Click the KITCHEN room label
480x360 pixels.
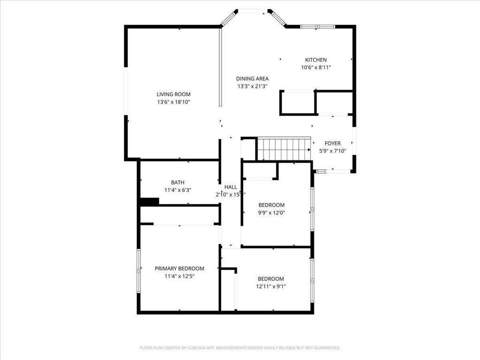(x=316, y=60)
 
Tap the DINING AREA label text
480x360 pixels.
(x=252, y=79)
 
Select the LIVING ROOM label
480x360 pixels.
(x=173, y=94)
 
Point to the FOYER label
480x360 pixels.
(x=333, y=143)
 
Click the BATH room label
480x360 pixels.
(x=178, y=183)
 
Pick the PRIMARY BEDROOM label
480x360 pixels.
(x=180, y=269)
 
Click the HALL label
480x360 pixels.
(x=231, y=187)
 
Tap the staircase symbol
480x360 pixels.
(x=284, y=149)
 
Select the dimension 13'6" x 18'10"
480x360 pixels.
(x=173, y=102)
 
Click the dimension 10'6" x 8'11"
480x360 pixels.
(x=316, y=67)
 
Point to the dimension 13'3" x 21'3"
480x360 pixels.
(x=252, y=86)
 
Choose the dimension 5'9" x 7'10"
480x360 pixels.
(x=333, y=151)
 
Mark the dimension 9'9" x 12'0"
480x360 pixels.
(x=272, y=212)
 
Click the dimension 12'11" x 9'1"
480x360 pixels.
(x=271, y=286)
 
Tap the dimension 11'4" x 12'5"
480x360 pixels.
(x=180, y=276)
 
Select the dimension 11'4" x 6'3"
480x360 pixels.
(x=178, y=190)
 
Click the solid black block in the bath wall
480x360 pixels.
(x=150, y=202)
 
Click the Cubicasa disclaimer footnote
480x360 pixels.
(x=240, y=348)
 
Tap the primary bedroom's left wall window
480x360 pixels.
(x=138, y=271)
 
